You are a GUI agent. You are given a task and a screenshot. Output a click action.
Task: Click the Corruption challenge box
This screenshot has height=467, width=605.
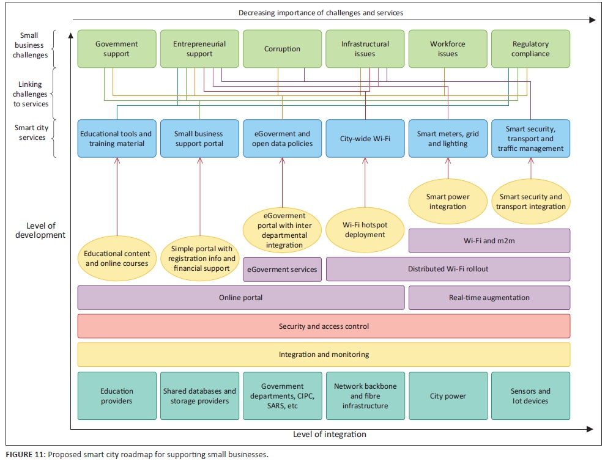[282, 49]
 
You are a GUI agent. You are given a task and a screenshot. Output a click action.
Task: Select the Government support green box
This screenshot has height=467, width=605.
[116, 49]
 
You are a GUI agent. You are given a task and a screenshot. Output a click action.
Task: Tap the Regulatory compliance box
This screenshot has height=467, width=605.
[530, 49]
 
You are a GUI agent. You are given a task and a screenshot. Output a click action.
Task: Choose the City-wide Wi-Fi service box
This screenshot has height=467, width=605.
[365, 139]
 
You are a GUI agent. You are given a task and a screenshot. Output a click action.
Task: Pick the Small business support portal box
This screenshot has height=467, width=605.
[199, 139]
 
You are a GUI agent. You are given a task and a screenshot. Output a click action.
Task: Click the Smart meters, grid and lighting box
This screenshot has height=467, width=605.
[448, 139]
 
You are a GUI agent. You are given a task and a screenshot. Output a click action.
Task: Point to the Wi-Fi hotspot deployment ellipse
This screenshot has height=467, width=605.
[365, 230]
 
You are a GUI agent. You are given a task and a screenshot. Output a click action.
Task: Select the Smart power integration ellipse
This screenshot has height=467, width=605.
[448, 202]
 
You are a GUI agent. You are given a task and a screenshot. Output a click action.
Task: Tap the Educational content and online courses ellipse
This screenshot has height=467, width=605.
[116, 259]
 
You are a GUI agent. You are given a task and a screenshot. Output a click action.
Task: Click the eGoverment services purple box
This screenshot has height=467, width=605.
[282, 270]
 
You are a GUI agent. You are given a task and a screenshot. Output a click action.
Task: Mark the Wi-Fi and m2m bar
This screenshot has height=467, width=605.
[489, 241]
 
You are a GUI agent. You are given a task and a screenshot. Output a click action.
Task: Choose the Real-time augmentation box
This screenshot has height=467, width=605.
[489, 298]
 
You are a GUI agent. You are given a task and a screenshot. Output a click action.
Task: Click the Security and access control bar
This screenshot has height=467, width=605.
[324, 326]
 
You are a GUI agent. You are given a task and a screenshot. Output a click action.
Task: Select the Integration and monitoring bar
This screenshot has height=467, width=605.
[324, 355]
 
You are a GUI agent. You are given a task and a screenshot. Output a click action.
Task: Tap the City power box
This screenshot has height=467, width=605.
[448, 396]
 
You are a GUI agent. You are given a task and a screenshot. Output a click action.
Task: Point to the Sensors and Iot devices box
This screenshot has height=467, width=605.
[530, 396]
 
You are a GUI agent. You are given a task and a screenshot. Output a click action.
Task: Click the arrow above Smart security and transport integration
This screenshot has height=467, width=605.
[531, 168]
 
